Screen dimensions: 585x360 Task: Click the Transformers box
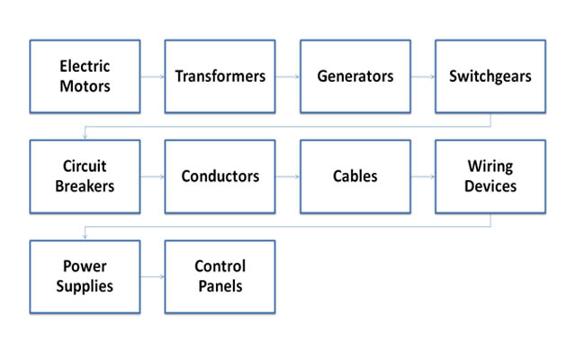(x=220, y=76)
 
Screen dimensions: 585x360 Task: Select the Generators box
(x=355, y=76)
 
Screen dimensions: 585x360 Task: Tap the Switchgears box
(x=490, y=76)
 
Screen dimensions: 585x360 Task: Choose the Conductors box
(x=220, y=176)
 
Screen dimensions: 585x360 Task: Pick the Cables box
(x=355, y=176)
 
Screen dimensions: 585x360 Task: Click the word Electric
(x=85, y=67)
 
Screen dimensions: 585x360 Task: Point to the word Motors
(x=85, y=86)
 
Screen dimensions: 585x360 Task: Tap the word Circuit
(x=85, y=166)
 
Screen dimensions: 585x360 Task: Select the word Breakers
(x=85, y=186)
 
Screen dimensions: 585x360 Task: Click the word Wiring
(x=490, y=166)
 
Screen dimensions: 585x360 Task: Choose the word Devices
(x=490, y=186)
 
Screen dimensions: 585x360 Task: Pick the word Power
(x=85, y=266)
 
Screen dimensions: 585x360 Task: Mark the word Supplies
(x=85, y=286)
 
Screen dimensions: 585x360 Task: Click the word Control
(x=220, y=266)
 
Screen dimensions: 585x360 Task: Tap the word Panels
(x=220, y=286)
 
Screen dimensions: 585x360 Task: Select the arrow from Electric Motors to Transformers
(x=153, y=76)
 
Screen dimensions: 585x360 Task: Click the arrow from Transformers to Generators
(x=288, y=76)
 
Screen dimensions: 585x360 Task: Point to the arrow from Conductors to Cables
(x=288, y=176)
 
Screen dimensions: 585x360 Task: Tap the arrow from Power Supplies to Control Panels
(x=153, y=276)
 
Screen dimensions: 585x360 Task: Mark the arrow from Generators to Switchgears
(x=423, y=76)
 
